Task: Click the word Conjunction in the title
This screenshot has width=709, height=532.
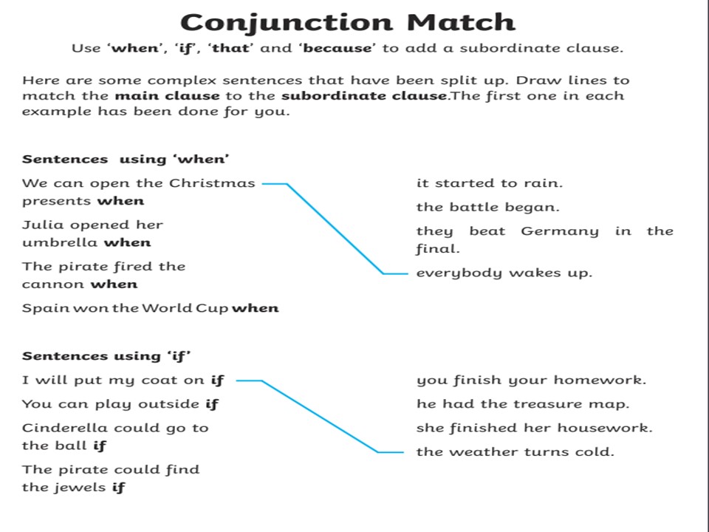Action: click(287, 23)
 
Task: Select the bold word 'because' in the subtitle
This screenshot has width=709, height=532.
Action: click(338, 48)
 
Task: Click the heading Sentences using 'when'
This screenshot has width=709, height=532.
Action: click(126, 160)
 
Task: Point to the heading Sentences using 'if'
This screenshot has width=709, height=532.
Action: click(106, 356)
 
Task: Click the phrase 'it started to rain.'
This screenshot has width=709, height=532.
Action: click(489, 183)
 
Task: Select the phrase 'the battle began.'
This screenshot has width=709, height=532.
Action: click(488, 207)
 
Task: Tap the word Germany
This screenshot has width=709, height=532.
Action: click(560, 231)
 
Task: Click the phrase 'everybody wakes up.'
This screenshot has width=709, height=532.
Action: click(504, 273)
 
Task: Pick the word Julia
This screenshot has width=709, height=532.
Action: click(43, 225)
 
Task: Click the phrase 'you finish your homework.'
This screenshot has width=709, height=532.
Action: click(531, 381)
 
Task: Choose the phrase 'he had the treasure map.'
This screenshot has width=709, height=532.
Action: click(523, 404)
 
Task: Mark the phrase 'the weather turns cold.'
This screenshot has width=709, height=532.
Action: click(515, 452)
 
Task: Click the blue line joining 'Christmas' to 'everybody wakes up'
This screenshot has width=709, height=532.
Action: click(335, 229)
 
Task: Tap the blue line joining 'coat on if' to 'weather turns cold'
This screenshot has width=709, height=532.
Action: click(320, 417)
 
